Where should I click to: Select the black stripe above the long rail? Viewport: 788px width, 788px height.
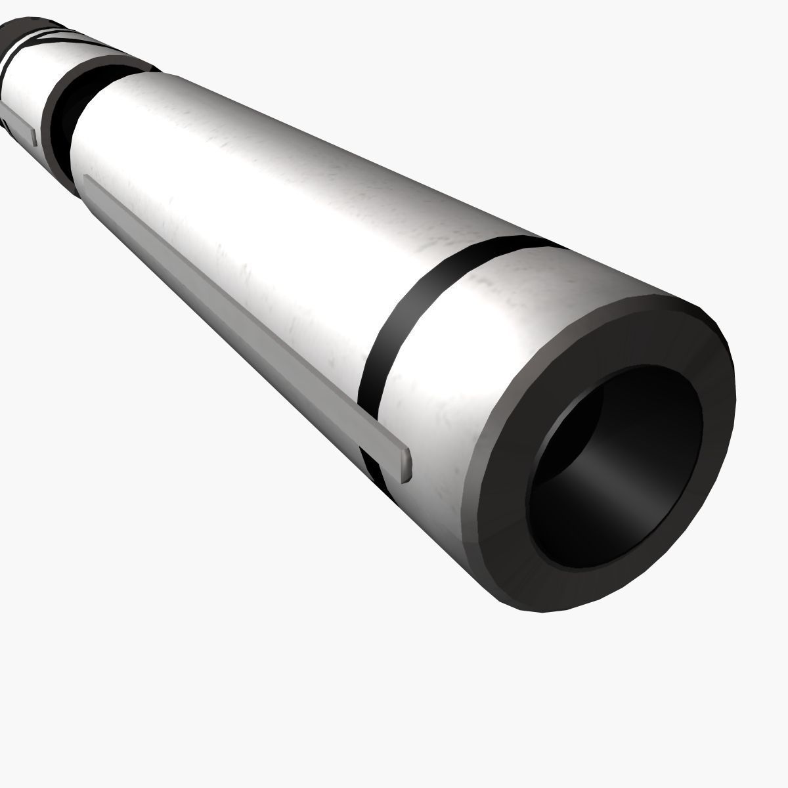point(407,309)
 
